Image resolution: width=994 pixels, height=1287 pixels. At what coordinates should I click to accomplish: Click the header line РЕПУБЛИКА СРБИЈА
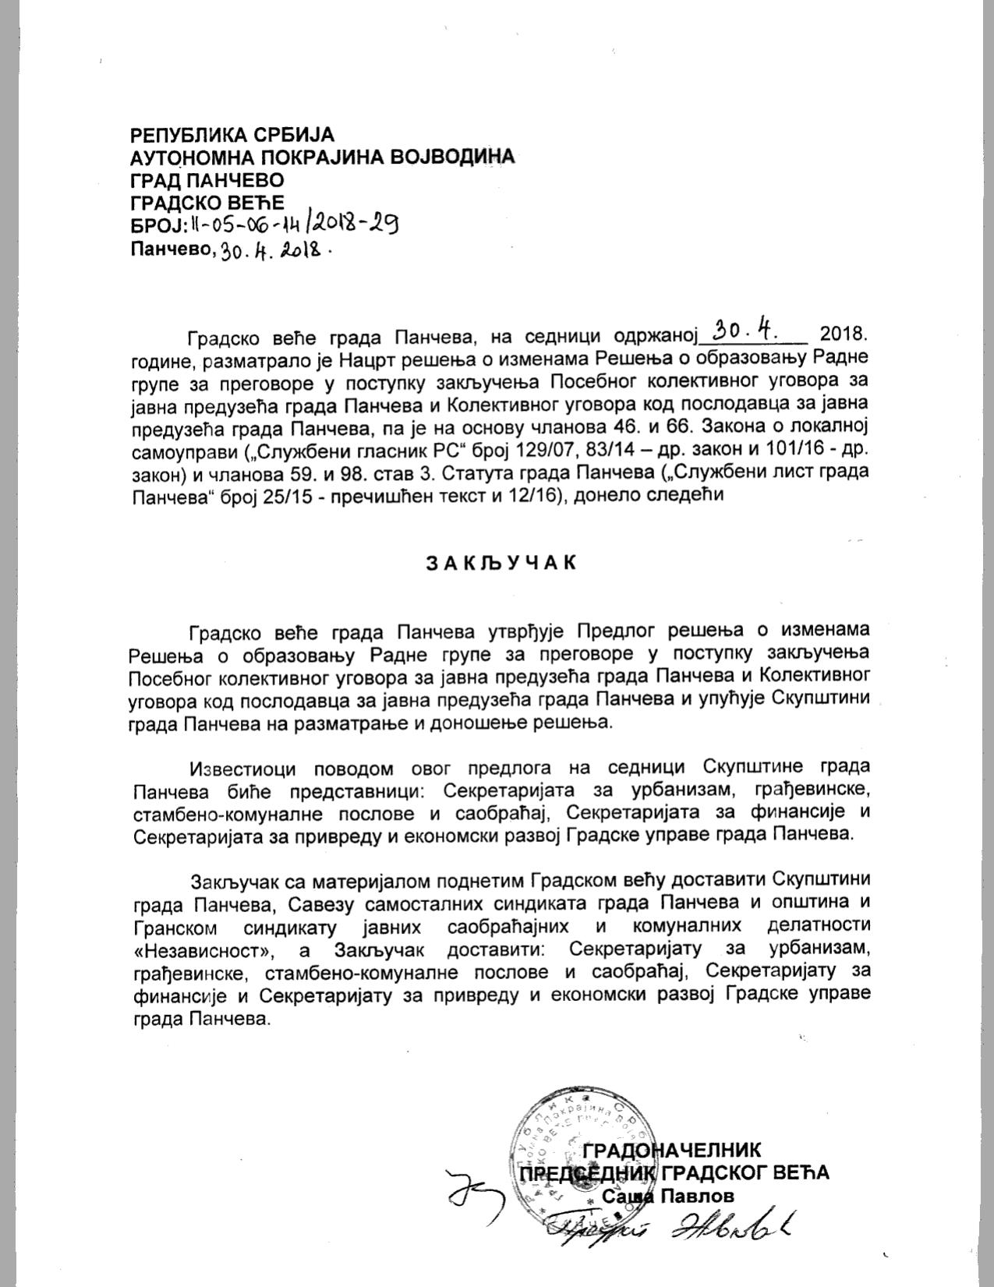(x=232, y=134)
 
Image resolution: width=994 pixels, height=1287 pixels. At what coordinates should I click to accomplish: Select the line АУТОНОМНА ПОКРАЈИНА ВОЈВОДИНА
(x=322, y=157)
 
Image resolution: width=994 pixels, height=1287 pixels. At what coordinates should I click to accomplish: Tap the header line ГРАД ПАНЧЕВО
(x=207, y=180)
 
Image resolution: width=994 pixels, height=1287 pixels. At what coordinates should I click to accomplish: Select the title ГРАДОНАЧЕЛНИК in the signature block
(x=672, y=1150)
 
